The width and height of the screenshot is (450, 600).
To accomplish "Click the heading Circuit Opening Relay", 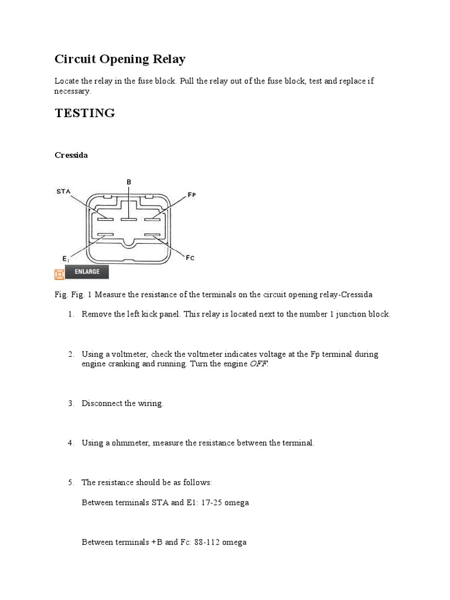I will click(x=120, y=59).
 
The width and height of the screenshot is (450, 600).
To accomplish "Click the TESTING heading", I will click(x=84, y=113).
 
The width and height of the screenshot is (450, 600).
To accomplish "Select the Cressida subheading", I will click(x=71, y=155).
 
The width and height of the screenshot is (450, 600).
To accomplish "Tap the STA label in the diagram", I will click(x=63, y=191).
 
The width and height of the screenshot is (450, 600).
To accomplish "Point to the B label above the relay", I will click(x=129, y=182).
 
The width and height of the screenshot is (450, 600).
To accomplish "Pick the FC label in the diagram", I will click(x=190, y=257).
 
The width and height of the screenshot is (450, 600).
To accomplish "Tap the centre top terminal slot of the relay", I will click(x=129, y=219).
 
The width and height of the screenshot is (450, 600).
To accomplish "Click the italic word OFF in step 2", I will click(x=259, y=364).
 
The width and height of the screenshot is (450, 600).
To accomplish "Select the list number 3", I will click(x=70, y=404).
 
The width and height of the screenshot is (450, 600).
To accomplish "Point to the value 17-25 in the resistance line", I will click(x=200, y=503).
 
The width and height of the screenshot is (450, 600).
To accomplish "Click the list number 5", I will click(x=70, y=482).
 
